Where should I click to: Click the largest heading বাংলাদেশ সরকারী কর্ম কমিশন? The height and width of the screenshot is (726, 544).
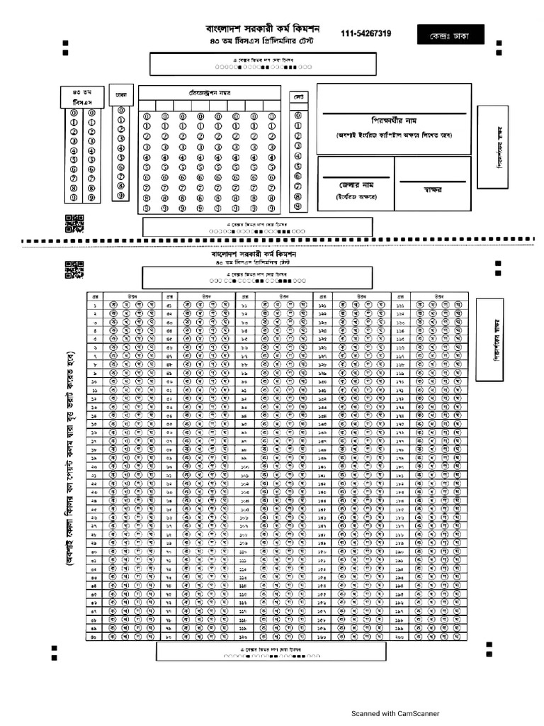coord(263,30)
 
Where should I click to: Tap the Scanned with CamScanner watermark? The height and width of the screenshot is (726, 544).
coord(396,714)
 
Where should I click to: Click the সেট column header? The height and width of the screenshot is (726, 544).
coord(297,96)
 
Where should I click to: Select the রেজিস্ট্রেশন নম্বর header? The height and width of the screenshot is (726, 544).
coord(210,93)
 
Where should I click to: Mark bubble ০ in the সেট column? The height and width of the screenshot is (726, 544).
coord(297,115)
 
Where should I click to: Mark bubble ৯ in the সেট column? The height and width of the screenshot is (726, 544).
coord(297,206)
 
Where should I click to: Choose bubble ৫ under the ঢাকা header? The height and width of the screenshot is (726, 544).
coord(122,158)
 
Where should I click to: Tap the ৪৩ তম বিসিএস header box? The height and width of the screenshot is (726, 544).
coord(83,97)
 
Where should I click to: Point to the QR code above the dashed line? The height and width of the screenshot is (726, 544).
coord(74,223)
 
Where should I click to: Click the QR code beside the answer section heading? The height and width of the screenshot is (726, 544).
coord(74,269)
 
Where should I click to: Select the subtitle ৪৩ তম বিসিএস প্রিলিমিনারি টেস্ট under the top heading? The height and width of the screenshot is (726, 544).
coord(262,43)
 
